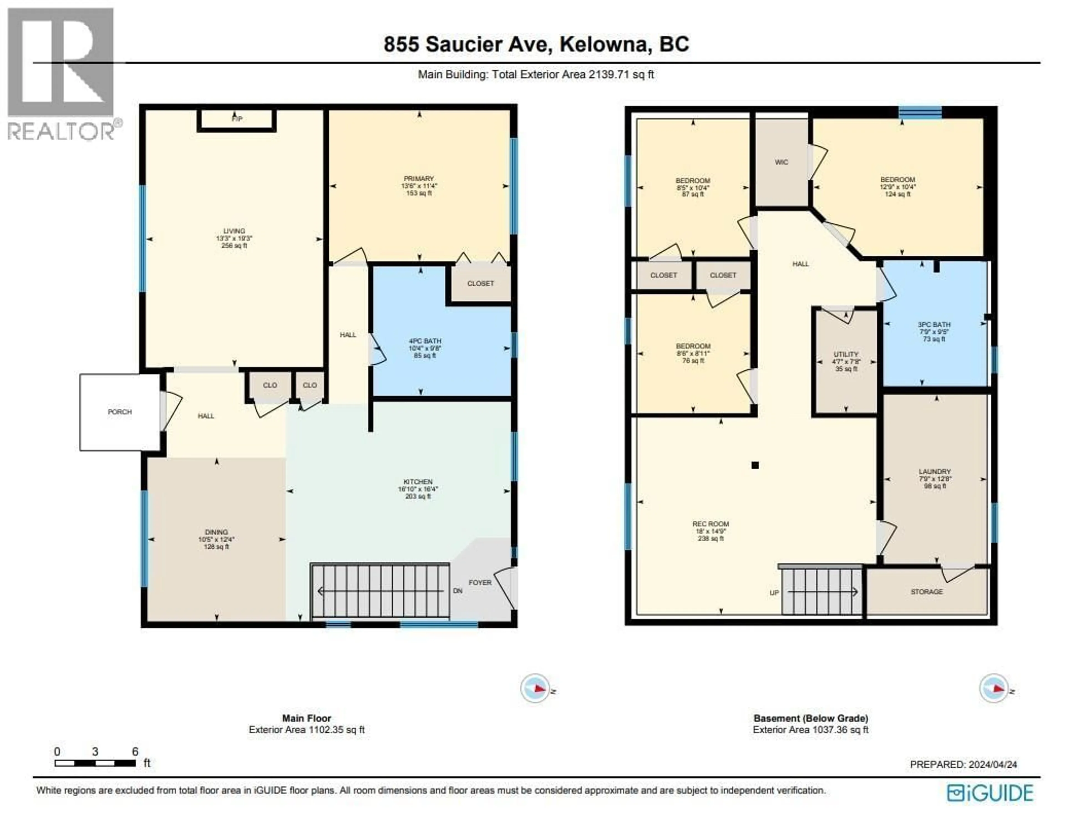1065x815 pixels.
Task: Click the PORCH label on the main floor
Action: [119, 412]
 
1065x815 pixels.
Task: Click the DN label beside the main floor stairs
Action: [458, 591]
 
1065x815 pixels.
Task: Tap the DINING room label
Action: [216, 532]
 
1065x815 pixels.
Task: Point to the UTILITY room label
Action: [845, 354]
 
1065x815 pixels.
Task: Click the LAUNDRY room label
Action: [934, 471]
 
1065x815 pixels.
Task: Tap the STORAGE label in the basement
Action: [926, 592]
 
